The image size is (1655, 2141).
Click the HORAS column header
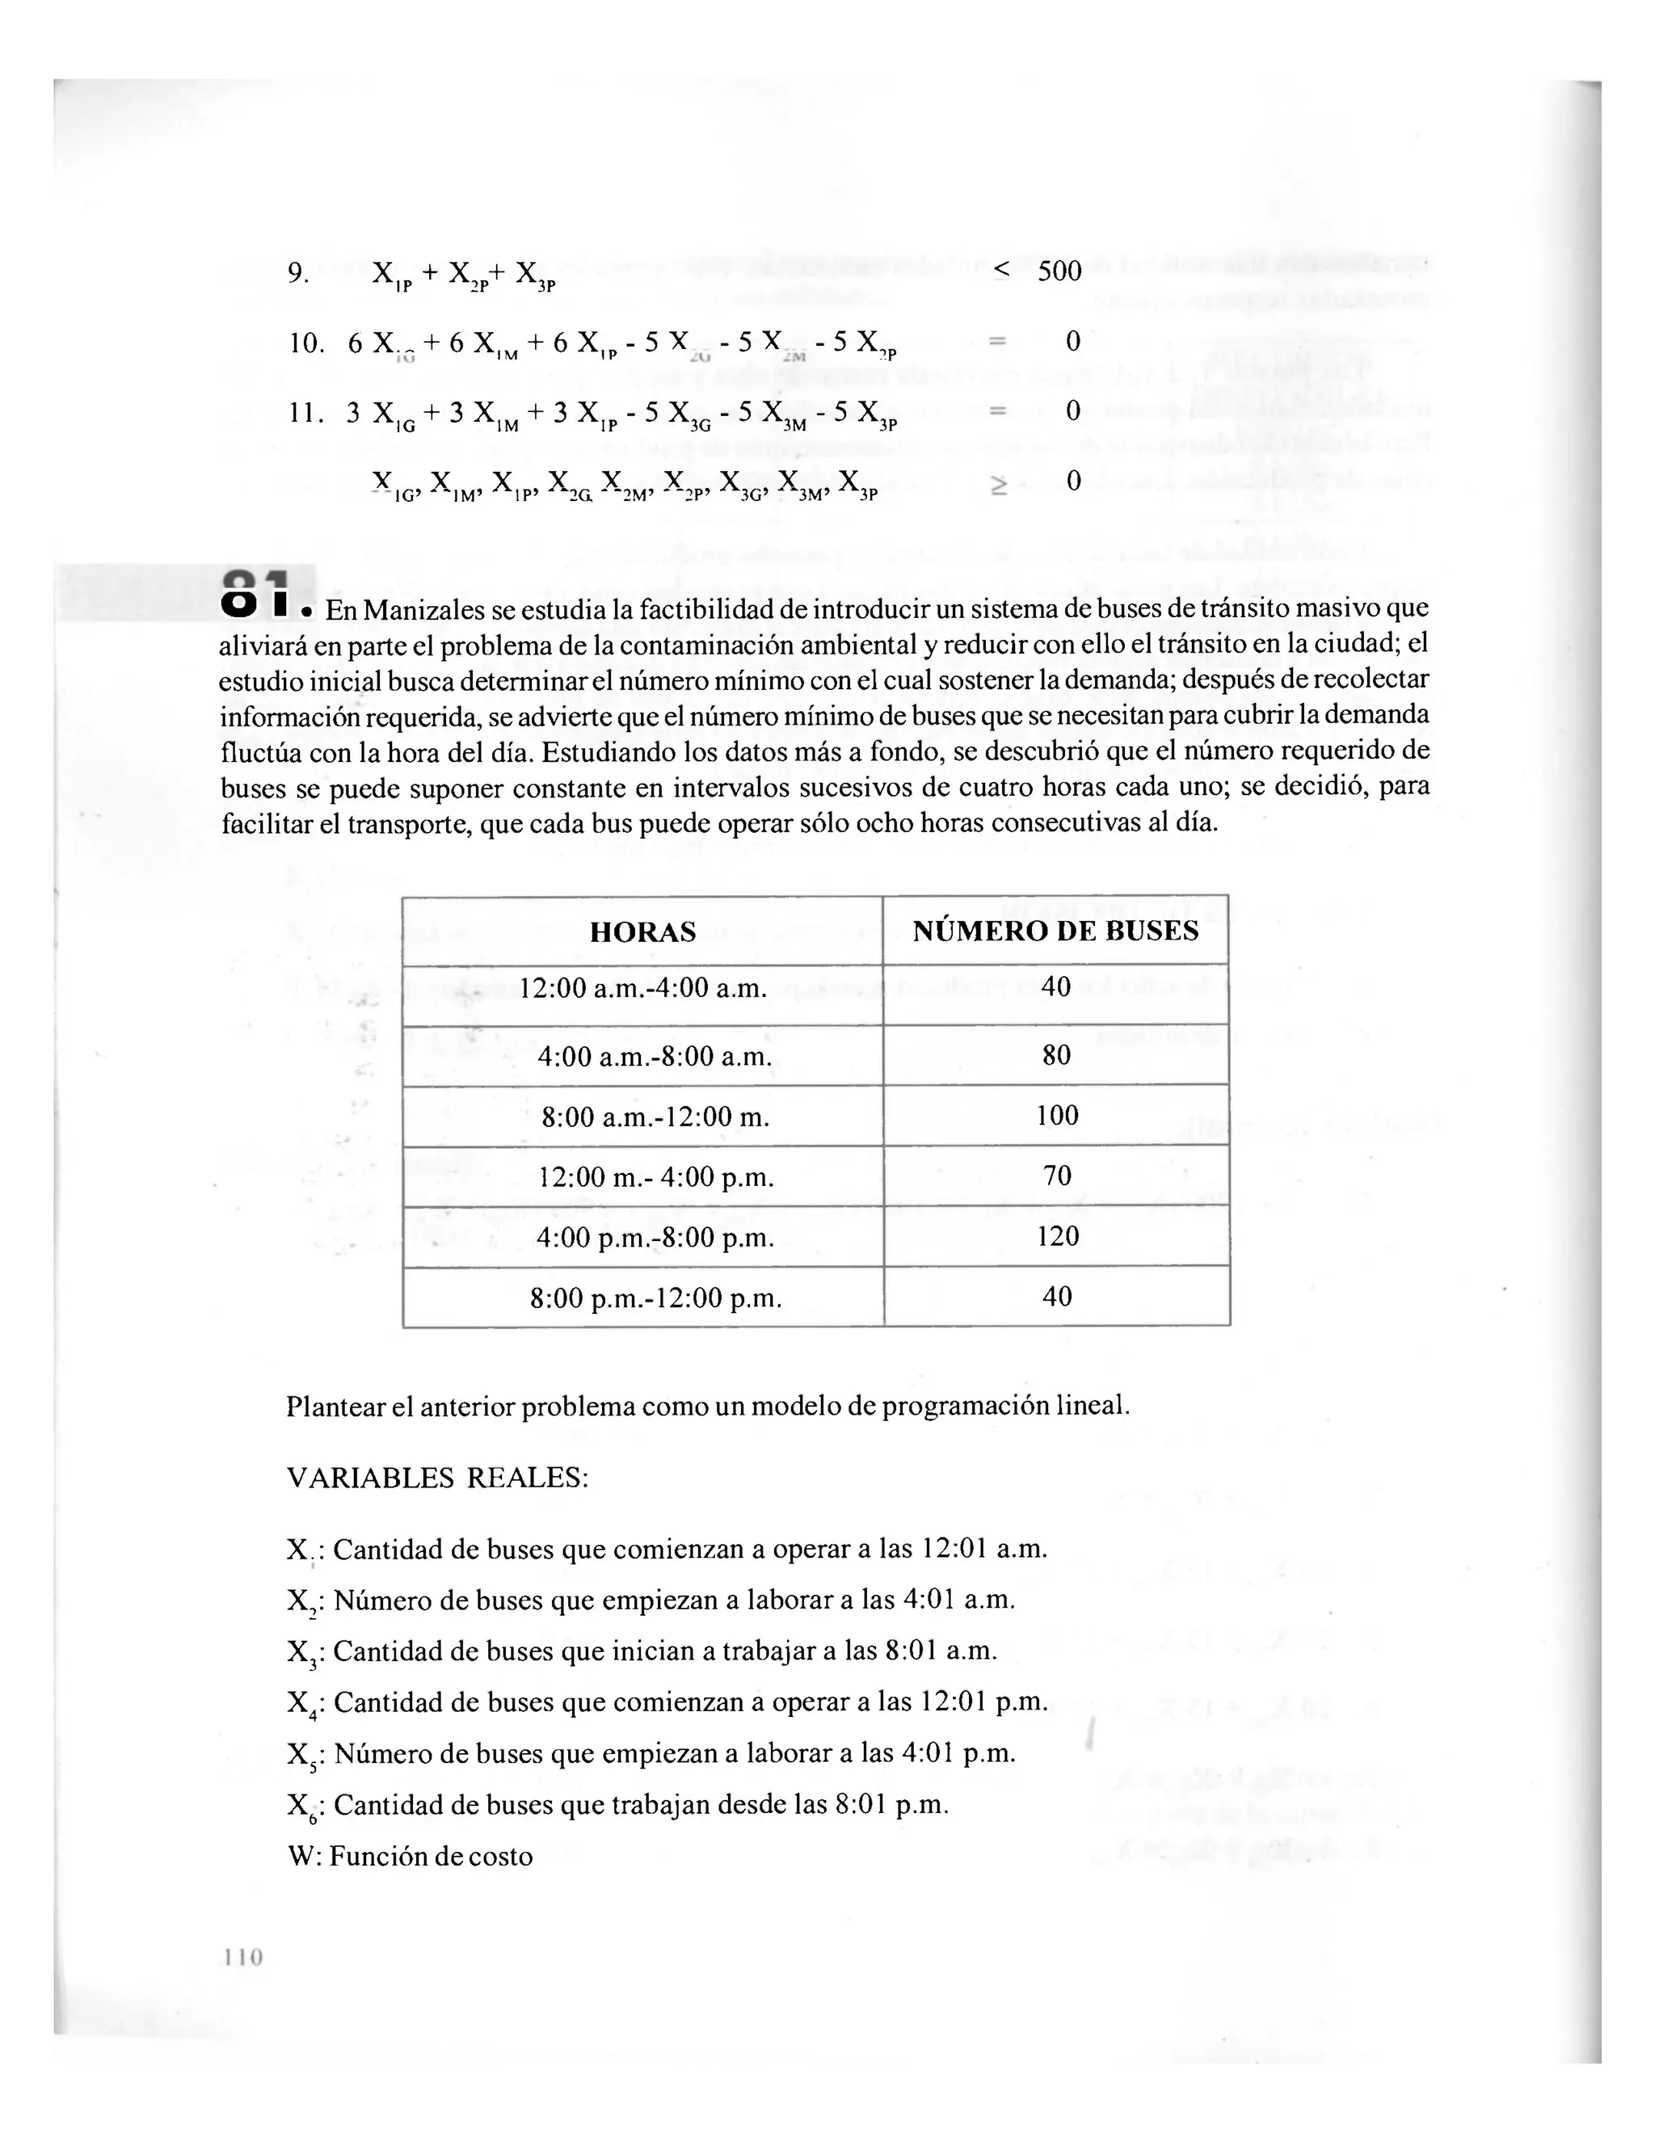pos(642,932)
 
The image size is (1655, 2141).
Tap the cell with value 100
pos(1057,1115)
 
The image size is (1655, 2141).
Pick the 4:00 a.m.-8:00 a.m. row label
pos(654,1057)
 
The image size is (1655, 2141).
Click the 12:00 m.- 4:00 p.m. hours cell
pos(656,1177)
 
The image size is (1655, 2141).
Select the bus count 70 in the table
pos(1057,1176)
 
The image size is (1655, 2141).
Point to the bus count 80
pos(1057,1055)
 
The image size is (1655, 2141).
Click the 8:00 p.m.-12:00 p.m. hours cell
pos(656,1298)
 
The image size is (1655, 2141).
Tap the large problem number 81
pos(257,592)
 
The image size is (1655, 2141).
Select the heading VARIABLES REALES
pos(437,1479)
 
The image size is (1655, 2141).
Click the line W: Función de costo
pos(410,1857)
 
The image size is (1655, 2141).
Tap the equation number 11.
pos(306,412)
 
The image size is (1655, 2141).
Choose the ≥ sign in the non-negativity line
pos(999,483)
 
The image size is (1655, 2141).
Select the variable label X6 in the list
pos(299,1807)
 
